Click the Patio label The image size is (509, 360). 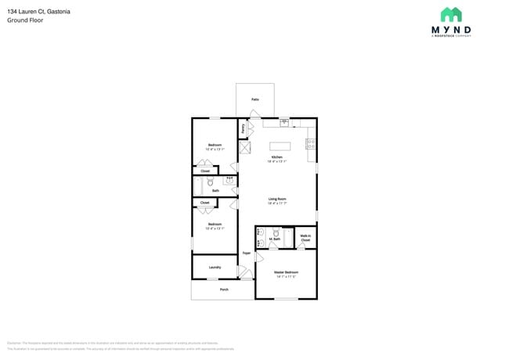255,100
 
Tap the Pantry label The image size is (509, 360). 244,128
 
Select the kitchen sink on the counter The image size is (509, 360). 284,122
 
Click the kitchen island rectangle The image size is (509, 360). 280,146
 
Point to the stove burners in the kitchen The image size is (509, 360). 311,144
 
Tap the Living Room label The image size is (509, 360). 277,200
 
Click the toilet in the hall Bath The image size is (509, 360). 210,182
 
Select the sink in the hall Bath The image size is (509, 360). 229,180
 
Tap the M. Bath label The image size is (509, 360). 275,239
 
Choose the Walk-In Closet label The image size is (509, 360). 305,238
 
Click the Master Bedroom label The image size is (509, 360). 286,274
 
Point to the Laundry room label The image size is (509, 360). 215,267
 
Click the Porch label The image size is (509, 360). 224,290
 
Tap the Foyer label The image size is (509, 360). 246,254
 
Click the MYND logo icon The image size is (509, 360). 451,15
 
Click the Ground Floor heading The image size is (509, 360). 25,20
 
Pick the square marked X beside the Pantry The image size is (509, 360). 245,147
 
